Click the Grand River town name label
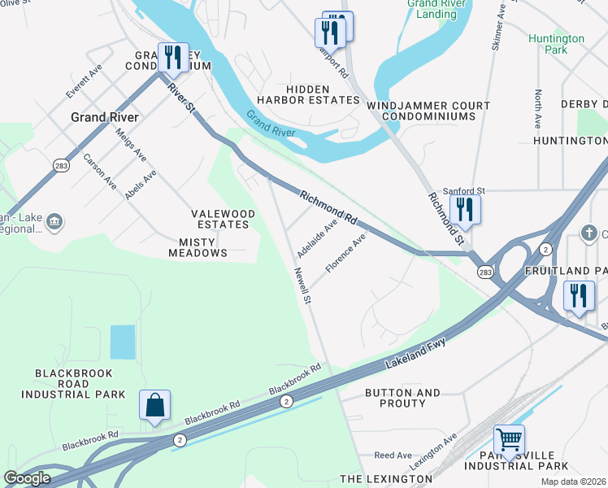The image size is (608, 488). (x=104, y=117)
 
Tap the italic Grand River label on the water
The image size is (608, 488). (x=270, y=126)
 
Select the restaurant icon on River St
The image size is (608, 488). (x=173, y=58)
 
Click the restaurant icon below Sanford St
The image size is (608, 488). (x=465, y=209)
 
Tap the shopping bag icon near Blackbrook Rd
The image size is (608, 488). (x=154, y=406)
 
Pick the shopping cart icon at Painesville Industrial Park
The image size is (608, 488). (x=509, y=440)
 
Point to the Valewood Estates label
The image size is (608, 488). (x=223, y=219)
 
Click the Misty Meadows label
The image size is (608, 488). (x=198, y=247)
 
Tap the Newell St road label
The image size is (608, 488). (x=303, y=286)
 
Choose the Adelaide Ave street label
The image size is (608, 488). (x=317, y=236)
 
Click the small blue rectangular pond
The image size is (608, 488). (x=122, y=342)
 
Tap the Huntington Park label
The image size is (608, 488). (x=556, y=44)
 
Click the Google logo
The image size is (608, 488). (x=27, y=478)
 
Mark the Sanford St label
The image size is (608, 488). (x=463, y=190)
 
